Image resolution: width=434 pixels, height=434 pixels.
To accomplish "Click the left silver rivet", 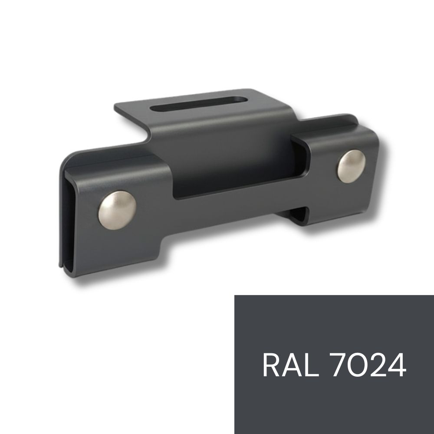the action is pos(117,210).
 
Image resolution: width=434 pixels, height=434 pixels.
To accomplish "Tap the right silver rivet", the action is pos(351,166).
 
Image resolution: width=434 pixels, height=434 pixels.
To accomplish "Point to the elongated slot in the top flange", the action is pos(199,104).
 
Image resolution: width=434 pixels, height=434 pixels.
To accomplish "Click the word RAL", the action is pos(291,365).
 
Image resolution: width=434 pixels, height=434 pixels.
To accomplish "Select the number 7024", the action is pos(369,365).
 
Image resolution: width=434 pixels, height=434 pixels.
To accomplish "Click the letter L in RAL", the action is pos(312,365).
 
